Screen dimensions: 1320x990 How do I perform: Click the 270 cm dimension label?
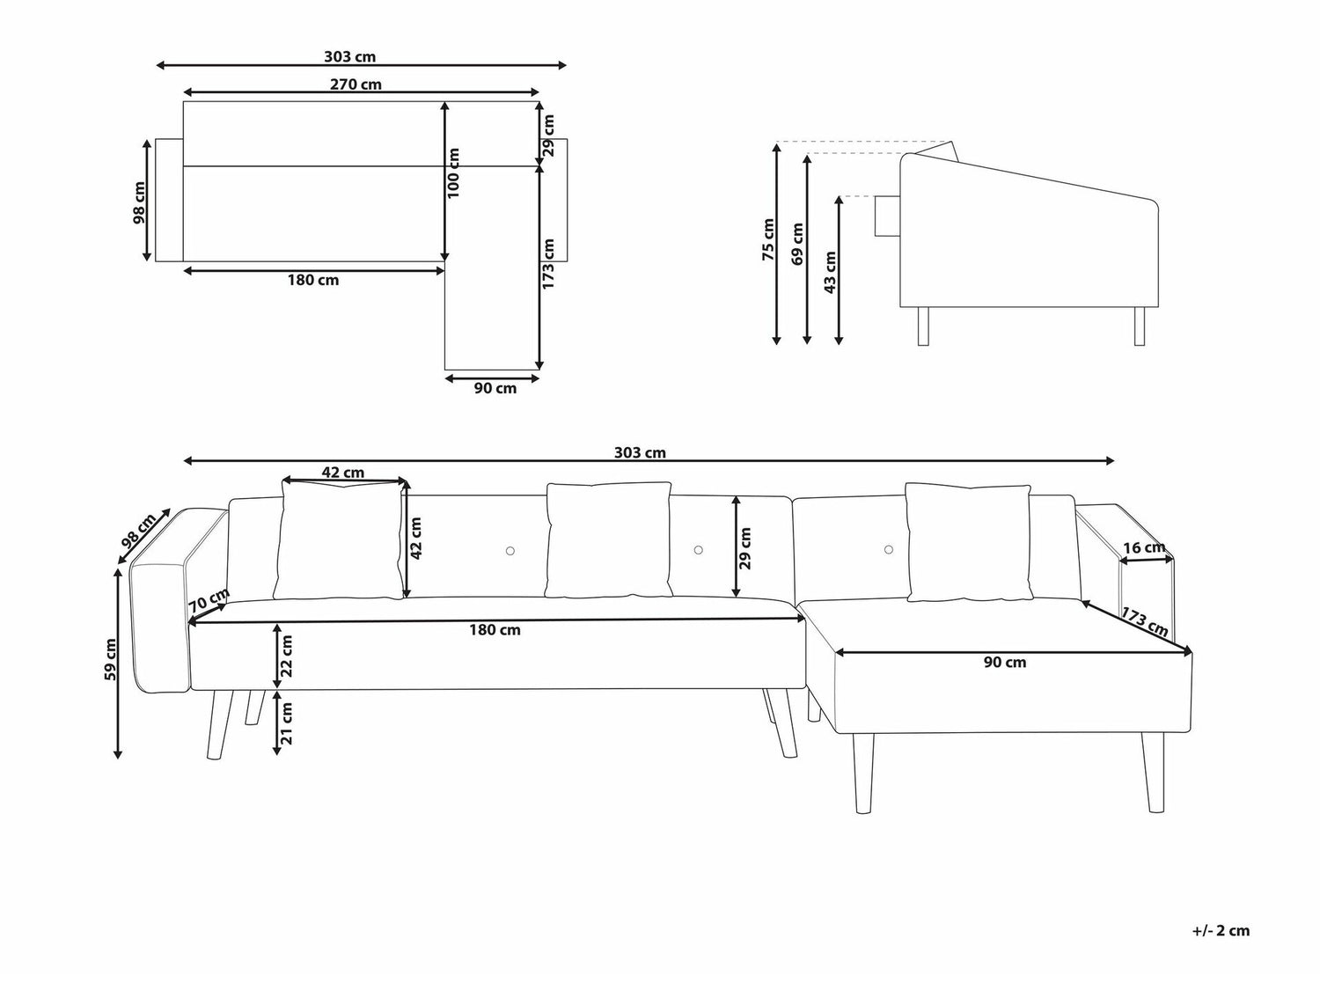click(x=356, y=84)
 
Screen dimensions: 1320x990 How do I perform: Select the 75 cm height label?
click(x=768, y=239)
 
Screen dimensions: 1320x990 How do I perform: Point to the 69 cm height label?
click(x=797, y=244)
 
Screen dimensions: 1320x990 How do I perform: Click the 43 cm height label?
click(x=830, y=272)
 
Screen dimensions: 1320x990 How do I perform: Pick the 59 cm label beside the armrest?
click(x=110, y=659)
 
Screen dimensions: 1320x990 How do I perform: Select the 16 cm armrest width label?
click(x=1144, y=547)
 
